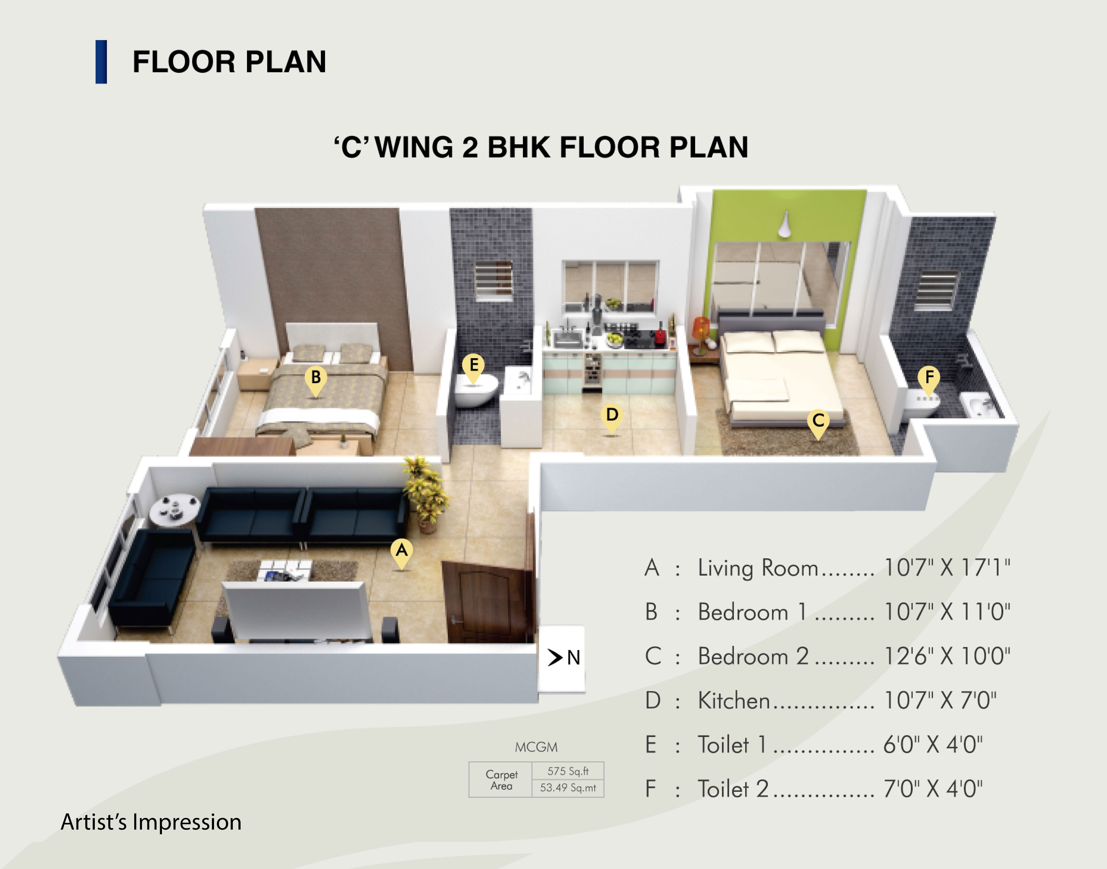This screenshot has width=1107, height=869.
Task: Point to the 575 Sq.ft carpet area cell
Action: coord(567,771)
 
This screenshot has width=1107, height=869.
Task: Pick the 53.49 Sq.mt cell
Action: coord(567,788)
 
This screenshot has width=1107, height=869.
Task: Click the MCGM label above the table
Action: coord(536,747)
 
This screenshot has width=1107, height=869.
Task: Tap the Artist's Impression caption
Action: coord(151,822)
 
